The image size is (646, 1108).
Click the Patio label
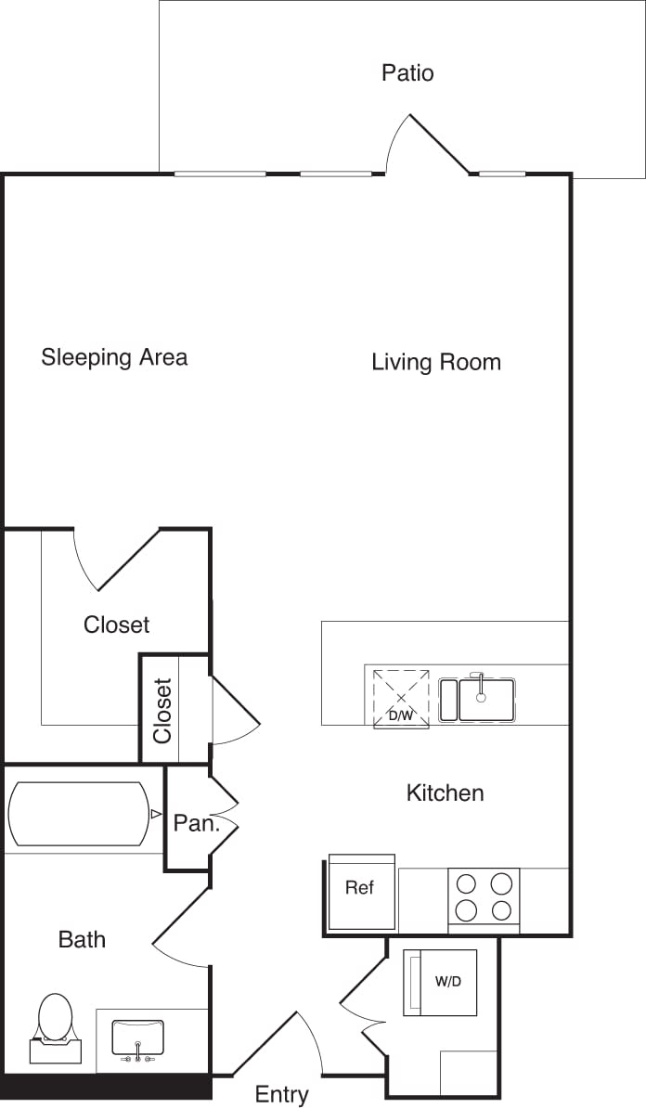[407, 72]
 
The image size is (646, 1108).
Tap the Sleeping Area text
[114, 357]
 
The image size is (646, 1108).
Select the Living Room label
[436, 362]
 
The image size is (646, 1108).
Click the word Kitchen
[445, 792]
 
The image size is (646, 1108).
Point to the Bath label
[82, 939]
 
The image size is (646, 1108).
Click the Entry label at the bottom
[281, 1095]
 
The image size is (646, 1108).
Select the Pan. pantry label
[196, 823]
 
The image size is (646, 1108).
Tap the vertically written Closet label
[163, 711]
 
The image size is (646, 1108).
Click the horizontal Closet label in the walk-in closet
[116, 625]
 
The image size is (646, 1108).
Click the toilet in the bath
[55, 1025]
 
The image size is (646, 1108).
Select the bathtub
[78, 814]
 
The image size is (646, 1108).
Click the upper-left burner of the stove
[467, 883]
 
